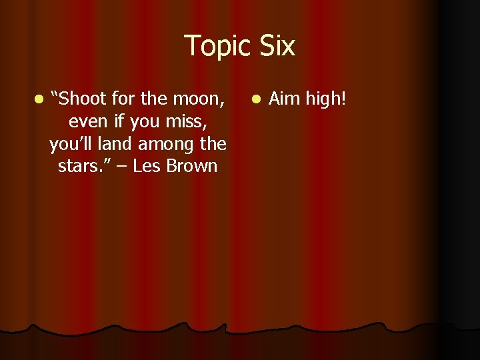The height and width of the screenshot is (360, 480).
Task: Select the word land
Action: tap(121, 143)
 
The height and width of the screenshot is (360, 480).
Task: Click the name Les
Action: tap(147, 166)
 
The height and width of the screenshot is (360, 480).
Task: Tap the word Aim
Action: tap(284, 99)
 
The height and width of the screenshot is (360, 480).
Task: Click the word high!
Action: tap(326, 99)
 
